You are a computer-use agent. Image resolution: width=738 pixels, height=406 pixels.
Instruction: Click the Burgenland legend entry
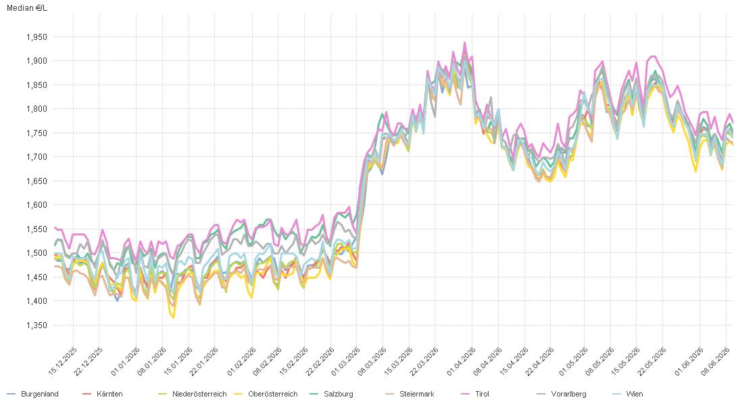(33, 394)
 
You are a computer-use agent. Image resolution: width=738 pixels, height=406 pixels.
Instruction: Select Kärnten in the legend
(103, 394)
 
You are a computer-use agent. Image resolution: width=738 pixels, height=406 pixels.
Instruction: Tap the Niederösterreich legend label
(193, 394)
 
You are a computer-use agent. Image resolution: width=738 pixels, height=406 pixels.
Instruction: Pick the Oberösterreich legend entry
(266, 394)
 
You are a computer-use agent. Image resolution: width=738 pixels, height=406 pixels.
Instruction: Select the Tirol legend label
(475, 394)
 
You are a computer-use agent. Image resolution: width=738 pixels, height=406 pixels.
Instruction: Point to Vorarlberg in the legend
(562, 394)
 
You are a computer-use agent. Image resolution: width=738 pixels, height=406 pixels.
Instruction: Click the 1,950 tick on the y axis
(36, 37)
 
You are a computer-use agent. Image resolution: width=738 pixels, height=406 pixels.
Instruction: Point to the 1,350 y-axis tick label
(36, 325)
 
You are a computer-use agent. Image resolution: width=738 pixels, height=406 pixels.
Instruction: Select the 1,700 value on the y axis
(36, 157)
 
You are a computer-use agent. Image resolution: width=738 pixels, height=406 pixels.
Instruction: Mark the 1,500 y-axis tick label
(36, 253)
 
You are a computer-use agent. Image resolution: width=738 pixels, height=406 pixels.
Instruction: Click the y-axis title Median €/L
(27, 8)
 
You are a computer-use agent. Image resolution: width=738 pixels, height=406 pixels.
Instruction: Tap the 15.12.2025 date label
(63, 362)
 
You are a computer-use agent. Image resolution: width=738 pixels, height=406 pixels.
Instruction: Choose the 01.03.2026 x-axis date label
(346, 362)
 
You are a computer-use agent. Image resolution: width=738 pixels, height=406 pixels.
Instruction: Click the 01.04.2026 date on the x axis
(461, 362)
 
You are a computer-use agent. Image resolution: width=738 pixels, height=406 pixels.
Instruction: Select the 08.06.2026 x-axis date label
(716, 362)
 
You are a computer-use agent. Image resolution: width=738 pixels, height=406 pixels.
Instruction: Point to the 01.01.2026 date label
(126, 362)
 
